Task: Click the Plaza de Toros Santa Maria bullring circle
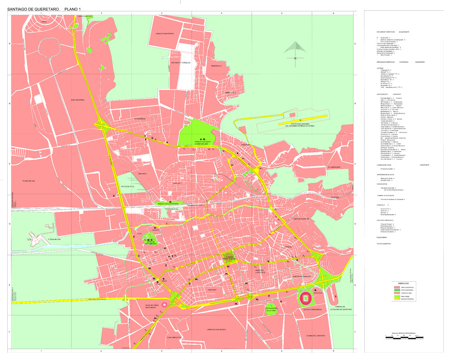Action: point(164,305)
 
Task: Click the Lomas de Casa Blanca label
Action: point(216,330)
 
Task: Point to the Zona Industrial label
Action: point(78,100)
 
